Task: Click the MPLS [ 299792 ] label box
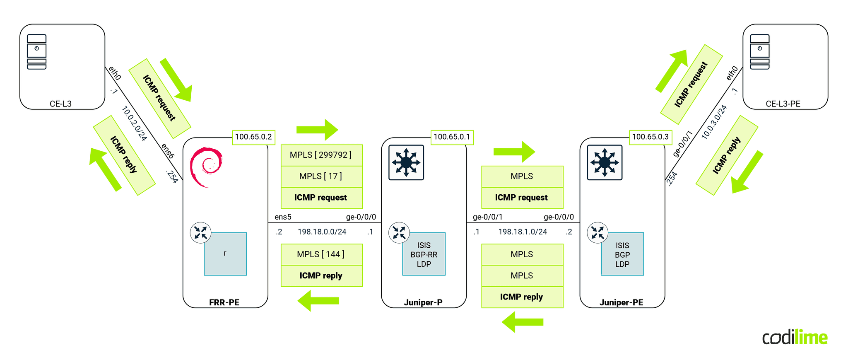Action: (321, 155)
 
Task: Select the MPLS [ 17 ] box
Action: (321, 176)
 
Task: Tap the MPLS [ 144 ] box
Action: (321, 254)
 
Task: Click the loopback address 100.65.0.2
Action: (253, 137)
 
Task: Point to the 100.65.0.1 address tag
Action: (452, 137)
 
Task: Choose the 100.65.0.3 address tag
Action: (650, 137)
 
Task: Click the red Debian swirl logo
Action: (206, 167)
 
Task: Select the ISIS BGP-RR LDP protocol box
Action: (424, 254)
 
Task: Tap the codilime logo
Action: (795, 338)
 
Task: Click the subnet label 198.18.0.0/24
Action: (322, 232)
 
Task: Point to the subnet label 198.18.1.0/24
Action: (522, 232)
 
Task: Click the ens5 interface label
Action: (283, 217)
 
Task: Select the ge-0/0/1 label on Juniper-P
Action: (487, 217)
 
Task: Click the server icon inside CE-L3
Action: (37, 52)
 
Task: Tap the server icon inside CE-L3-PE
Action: (759, 52)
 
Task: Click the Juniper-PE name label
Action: (621, 302)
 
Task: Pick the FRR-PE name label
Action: (224, 302)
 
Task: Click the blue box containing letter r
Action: (225, 254)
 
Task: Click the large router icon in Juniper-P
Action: (406, 162)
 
